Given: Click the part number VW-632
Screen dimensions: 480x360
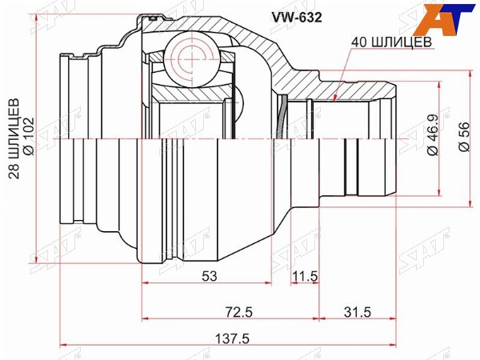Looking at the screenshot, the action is [x=295, y=18].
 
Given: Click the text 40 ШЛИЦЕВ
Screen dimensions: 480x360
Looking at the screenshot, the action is [x=391, y=42].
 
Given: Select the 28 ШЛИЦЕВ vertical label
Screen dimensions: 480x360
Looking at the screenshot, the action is [x=14, y=138].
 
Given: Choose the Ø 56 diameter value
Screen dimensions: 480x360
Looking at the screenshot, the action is [x=463, y=137].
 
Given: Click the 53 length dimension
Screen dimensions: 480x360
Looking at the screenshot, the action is [x=210, y=276].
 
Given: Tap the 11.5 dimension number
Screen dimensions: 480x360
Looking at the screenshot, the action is [x=305, y=276].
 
